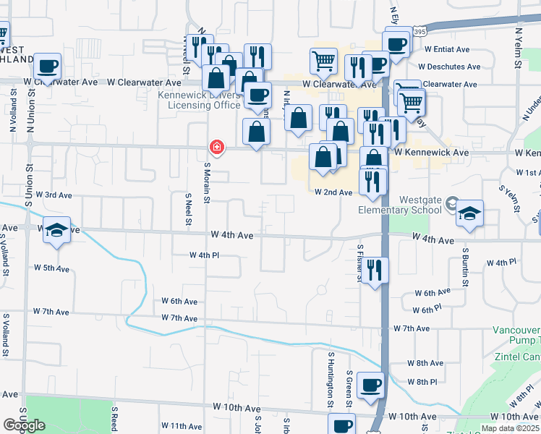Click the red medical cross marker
click(x=216, y=148)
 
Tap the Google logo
click(x=24, y=425)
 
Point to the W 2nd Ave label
click(x=333, y=192)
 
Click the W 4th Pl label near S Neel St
click(x=204, y=255)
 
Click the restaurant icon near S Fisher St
click(x=375, y=270)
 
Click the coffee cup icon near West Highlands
click(x=48, y=66)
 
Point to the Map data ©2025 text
click(x=509, y=428)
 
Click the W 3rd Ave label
click(x=54, y=195)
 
